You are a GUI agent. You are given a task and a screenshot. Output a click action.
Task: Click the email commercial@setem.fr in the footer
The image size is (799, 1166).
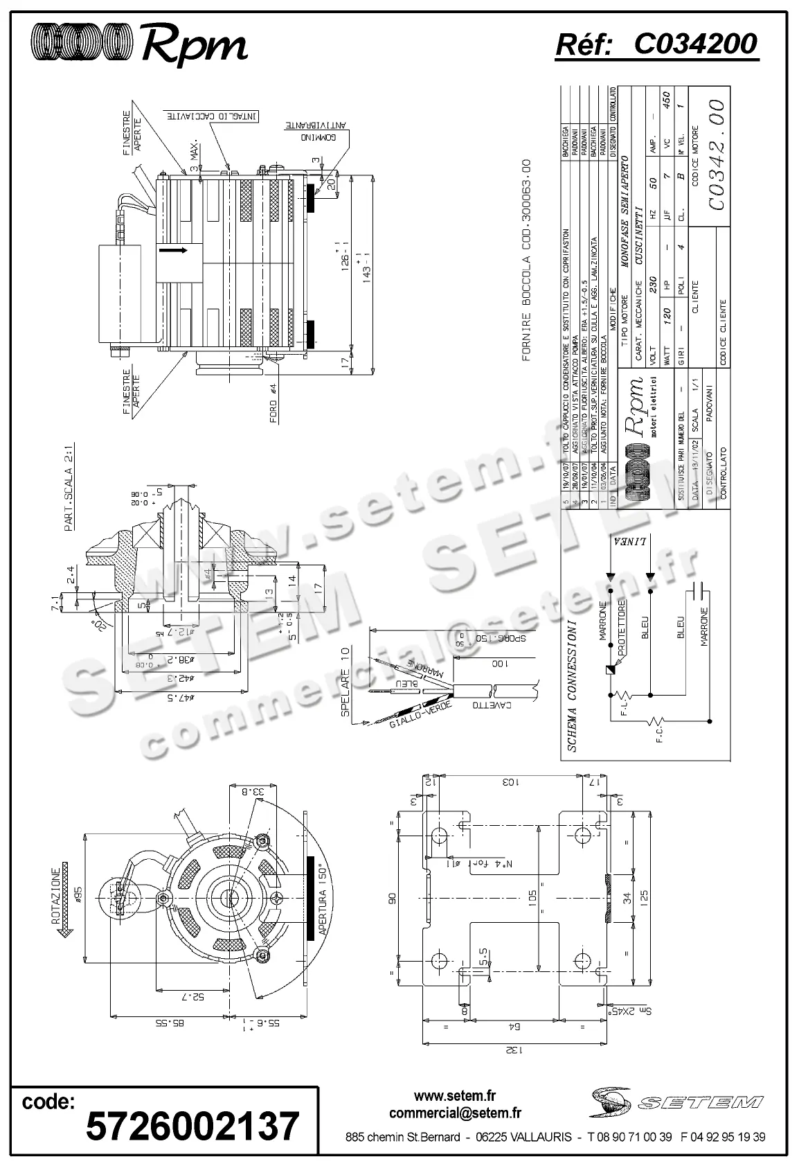tap(455, 1113)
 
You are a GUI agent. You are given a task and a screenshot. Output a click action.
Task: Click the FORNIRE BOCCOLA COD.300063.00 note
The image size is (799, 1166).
tap(526, 260)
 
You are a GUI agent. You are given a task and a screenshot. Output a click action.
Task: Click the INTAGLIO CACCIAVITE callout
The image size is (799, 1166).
tap(212, 116)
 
